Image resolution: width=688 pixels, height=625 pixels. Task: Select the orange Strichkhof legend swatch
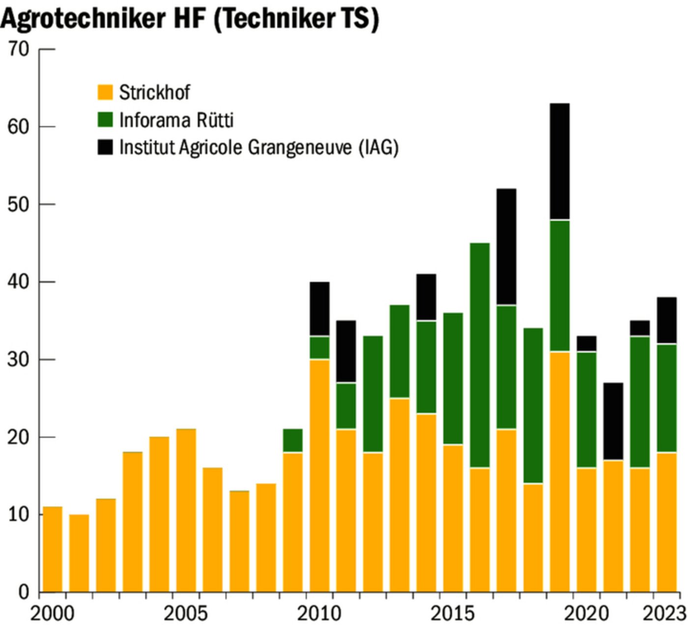(x=105, y=92)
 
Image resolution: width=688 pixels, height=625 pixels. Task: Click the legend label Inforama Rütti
(x=176, y=120)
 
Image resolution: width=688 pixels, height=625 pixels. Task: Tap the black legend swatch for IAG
(x=105, y=147)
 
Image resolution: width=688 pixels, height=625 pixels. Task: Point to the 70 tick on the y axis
(x=18, y=49)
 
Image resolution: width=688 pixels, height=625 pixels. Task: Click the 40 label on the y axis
(x=18, y=282)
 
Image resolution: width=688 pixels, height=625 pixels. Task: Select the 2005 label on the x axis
(x=186, y=613)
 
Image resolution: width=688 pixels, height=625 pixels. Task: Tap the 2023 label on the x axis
(x=664, y=613)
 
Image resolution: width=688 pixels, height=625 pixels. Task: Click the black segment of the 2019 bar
(x=560, y=161)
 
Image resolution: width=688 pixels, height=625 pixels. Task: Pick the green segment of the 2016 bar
(x=480, y=355)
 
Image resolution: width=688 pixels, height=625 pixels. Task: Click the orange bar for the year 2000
(x=53, y=549)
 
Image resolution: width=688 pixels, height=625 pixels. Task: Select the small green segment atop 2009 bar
(x=292, y=440)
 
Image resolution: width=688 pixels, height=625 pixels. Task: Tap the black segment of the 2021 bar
(x=613, y=421)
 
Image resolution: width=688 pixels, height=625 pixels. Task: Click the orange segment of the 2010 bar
(x=319, y=475)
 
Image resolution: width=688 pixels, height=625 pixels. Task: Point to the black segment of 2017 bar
(x=506, y=247)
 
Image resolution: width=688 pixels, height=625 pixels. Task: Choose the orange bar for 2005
(x=186, y=510)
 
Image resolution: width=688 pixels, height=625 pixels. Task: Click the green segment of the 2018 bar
(x=533, y=405)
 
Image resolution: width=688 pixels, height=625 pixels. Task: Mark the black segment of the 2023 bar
(x=667, y=320)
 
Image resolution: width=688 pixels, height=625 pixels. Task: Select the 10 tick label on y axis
(x=18, y=514)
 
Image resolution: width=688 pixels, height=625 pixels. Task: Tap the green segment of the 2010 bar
(x=319, y=347)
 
